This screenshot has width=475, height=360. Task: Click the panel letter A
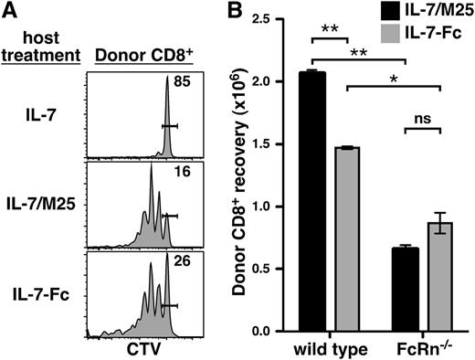coord(11,12)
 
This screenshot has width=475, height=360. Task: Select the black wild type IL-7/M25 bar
coord(312,201)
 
